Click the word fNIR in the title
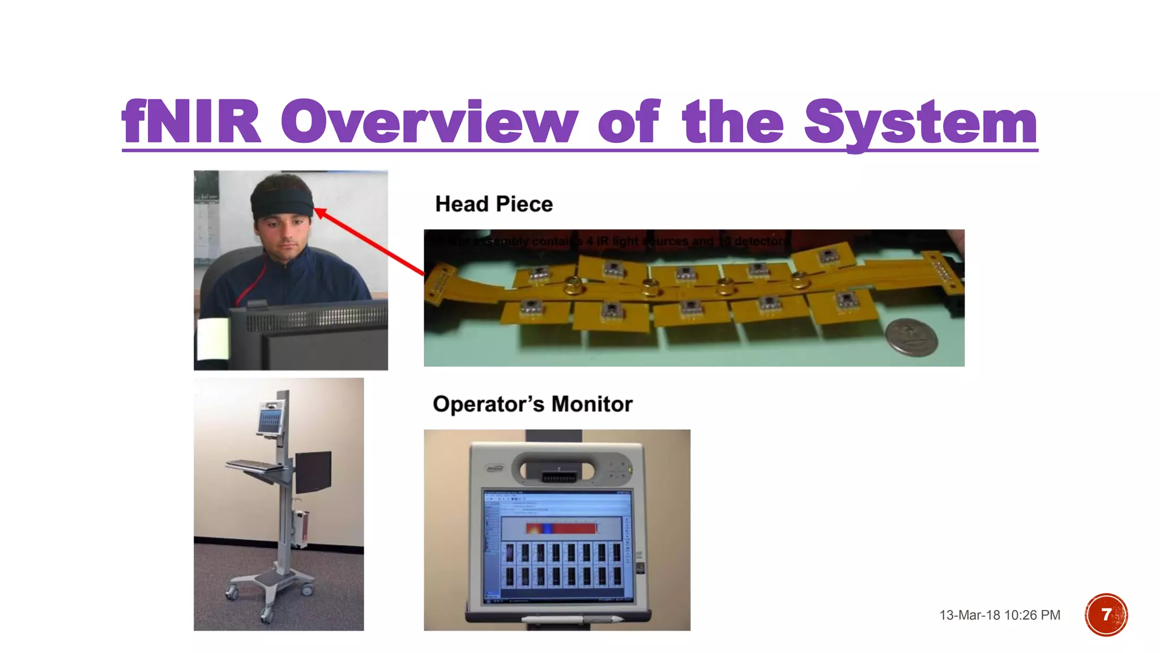(x=191, y=121)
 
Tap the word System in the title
(x=920, y=122)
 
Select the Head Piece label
(x=493, y=204)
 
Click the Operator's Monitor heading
(x=532, y=404)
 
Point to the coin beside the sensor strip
(x=911, y=337)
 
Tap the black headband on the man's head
(x=282, y=202)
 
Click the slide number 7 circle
(x=1106, y=614)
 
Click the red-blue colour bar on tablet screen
(x=561, y=528)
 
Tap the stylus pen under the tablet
(x=572, y=619)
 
